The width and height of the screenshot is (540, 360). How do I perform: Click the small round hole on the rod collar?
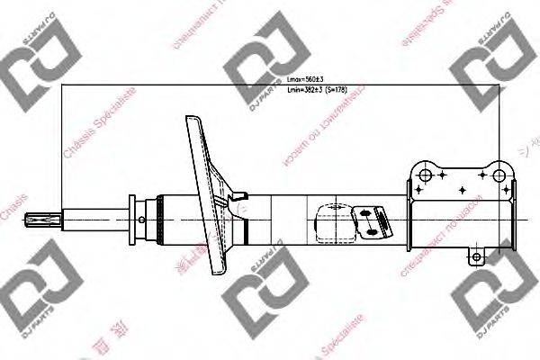point(142,217)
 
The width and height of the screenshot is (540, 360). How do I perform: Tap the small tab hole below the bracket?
point(477,258)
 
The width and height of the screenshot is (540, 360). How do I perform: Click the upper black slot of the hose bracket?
point(373,212)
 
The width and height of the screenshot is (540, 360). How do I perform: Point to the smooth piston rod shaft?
point(94,217)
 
